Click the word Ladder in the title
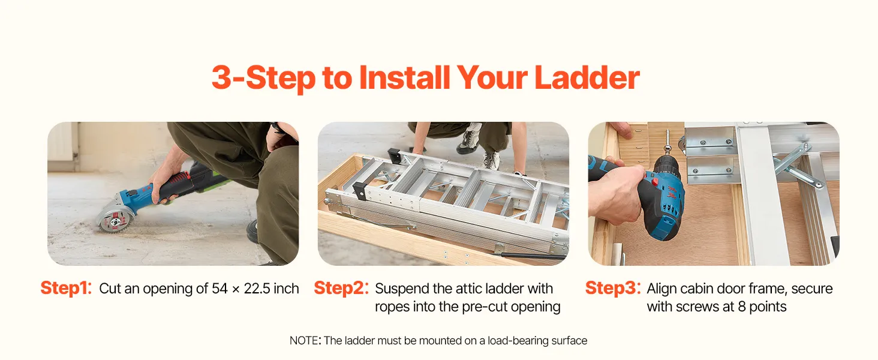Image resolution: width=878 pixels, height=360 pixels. click(587, 77)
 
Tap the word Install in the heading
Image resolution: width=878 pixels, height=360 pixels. click(404, 77)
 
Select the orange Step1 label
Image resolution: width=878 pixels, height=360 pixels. click(66, 288)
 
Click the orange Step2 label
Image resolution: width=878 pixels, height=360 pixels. click(341, 288)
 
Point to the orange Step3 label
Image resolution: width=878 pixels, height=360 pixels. click(613, 288)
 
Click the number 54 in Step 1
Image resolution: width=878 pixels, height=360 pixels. click(220, 289)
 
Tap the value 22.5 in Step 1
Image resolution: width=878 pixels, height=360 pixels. click(257, 289)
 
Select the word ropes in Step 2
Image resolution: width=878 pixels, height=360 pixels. click(392, 307)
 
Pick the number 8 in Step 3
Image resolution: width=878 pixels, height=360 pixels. click(742, 307)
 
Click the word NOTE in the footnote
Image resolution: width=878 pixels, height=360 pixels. click(304, 340)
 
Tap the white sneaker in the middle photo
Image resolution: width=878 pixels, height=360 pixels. click(469, 140)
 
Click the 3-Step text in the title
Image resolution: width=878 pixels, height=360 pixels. click(263, 78)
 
